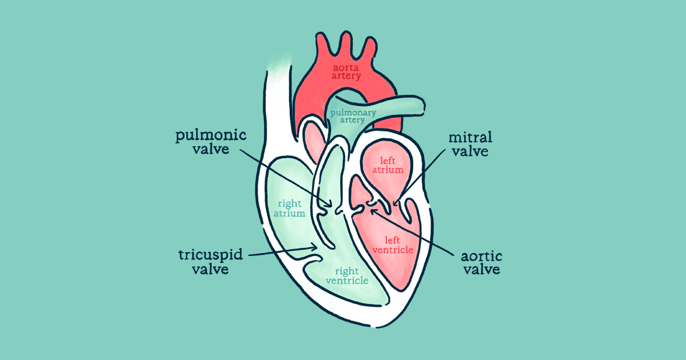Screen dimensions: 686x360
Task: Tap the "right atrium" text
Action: click(290, 208)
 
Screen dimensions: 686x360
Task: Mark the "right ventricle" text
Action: click(347, 276)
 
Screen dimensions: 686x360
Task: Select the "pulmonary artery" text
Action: click(353, 116)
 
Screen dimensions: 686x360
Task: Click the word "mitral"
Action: click(470, 138)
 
